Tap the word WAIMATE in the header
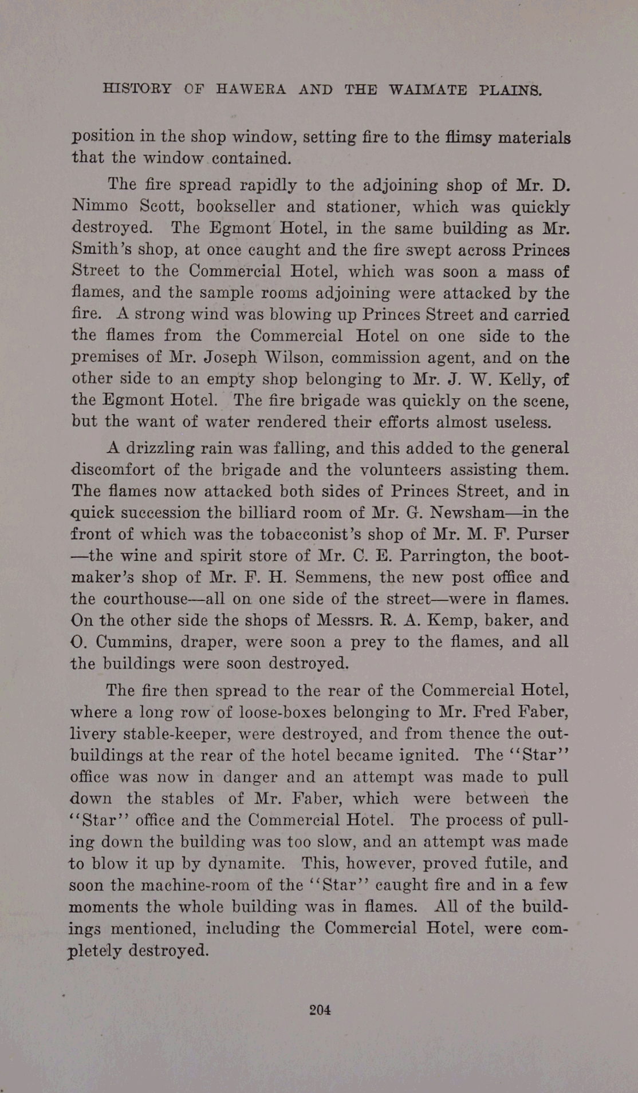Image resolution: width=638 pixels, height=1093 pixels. pos(428,90)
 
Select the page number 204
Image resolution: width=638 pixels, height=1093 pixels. pos(320,1009)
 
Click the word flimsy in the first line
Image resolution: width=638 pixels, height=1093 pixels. pos(465,137)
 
